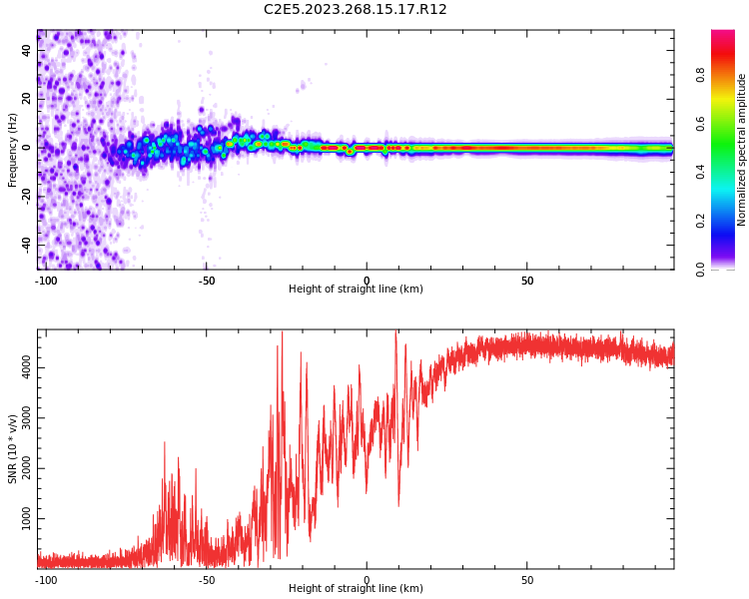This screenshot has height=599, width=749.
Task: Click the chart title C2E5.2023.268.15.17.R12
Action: coord(355,10)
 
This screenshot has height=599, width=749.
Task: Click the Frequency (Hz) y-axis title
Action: coord(13,150)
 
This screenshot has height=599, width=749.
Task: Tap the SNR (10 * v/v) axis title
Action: coord(13,448)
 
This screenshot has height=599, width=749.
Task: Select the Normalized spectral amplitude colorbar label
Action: coord(742,150)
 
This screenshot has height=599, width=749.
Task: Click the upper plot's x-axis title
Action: coord(356,290)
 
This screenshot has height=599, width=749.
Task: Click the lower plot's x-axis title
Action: coord(356,589)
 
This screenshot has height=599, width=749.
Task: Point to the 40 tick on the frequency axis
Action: coord(27,50)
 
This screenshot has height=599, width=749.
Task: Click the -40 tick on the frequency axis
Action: coord(27,243)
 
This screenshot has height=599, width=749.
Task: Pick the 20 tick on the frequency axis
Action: coord(27,98)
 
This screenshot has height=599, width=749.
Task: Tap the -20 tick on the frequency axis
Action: coord(27,195)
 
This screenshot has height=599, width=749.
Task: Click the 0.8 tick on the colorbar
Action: coord(701,75)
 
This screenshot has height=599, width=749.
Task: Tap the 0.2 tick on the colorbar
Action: coord(701,221)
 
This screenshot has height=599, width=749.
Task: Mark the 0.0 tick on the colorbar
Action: coord(701,269)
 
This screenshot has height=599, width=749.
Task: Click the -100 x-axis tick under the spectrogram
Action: coord(45,281)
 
